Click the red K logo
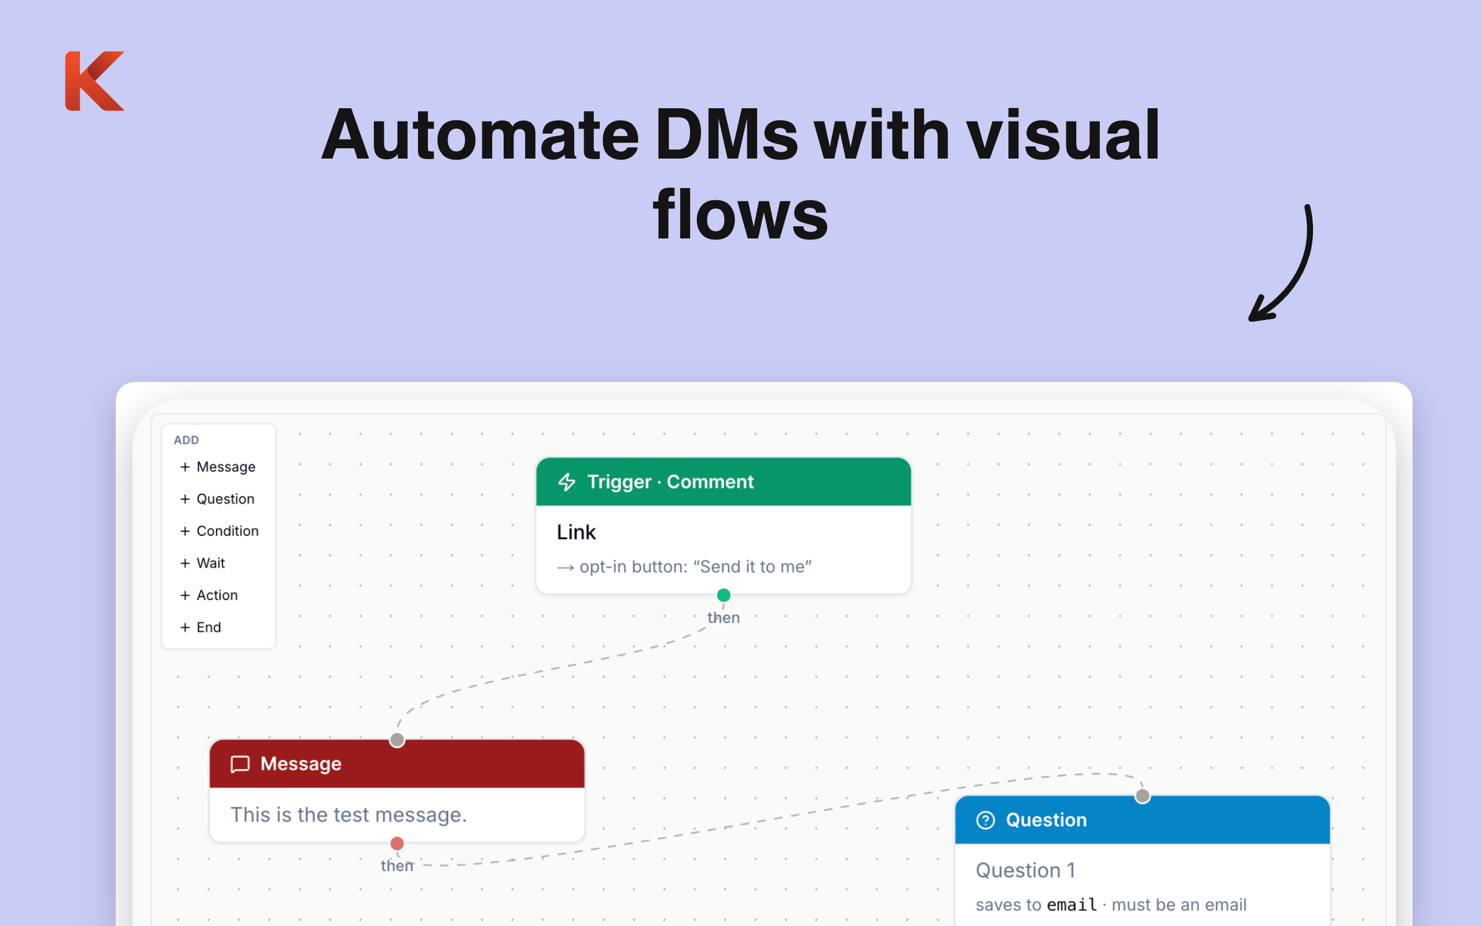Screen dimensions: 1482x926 coord(94,81)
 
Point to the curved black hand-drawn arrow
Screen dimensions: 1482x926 coord(1296,270)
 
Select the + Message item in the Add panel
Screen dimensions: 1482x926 coord(218,466)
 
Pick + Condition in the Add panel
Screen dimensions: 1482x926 coord(219,531)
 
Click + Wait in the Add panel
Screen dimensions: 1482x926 coord(203,563)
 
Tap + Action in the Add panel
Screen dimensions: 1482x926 coord(209,595)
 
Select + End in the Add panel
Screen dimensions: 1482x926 coord(201,627)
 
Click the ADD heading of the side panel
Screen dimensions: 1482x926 coord(186,440)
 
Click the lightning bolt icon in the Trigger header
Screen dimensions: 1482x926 coord(567,482)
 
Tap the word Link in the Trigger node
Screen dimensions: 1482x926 coord(575,532)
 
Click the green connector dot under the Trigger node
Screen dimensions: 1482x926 coord(723,595)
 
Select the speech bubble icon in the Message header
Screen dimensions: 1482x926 coord(240,764)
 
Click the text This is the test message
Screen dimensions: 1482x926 coord(349,814)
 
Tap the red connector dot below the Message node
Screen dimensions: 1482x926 coord(397,843)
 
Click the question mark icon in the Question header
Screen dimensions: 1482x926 coord(985,820)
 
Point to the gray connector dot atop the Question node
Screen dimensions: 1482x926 coord(1142,796)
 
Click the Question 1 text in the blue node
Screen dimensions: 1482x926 coord(1025,870)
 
